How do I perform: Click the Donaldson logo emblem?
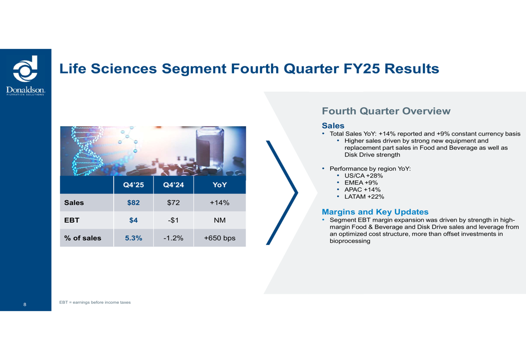click(x=25, y=69)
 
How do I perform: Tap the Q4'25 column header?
click(x=134, y=184)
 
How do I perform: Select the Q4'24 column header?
click(x=174, y=184)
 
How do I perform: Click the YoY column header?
click(x=220, y=184)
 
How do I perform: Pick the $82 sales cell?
click(x=134, y=202)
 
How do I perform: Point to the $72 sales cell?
click(x=174, y=202)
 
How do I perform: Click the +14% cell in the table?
click(x=220, y=202)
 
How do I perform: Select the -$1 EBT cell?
click(x=174, y=220)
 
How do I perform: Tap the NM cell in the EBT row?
click(x=220, y=220)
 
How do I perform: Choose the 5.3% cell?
click(x=134, y=238)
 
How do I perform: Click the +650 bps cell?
click(x=220, y=238)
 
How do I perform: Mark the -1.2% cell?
click(x=174, y=238)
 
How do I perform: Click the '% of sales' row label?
click(x=83, y=238)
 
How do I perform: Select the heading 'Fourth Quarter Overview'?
click(x=386, y=111)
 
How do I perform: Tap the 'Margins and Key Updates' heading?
click(x=375, y=212)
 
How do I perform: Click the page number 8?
click(x=25, y=304)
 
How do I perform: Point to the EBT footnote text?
click(x=95, y=302)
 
